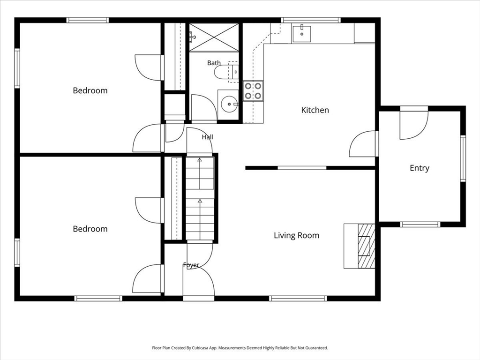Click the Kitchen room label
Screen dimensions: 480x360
click(315, 110)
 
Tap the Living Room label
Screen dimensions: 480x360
click(296, 235)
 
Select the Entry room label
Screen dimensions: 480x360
click(420, 168)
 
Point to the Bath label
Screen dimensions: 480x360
click(214, 63)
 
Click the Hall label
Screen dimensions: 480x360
click(207, 137)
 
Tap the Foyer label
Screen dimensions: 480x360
click(191, 265)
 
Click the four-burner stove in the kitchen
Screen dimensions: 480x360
click(253, 91)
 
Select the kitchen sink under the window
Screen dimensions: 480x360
click(301, 34)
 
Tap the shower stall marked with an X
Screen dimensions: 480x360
click(214, 37)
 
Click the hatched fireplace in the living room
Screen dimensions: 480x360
click(367, 246)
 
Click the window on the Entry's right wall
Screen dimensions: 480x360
click(463, 158)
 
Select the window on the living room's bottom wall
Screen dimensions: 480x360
click(298, 299)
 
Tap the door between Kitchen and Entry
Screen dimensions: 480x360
click(363, 144)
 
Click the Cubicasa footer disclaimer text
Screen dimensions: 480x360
click(240, 348)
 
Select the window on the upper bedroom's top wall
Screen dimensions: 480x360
click(88, 20)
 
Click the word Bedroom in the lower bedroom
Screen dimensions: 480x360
click(90, 229)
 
